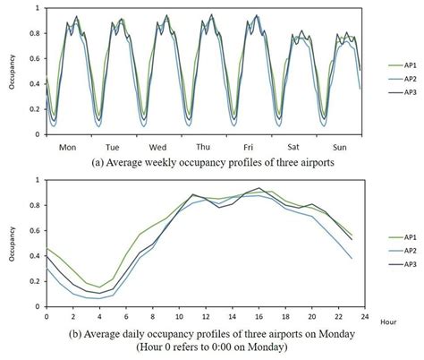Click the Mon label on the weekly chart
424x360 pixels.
coord(64,147)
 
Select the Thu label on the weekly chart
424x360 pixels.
coord(203,147)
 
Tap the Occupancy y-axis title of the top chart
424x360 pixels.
coord(11,70)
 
